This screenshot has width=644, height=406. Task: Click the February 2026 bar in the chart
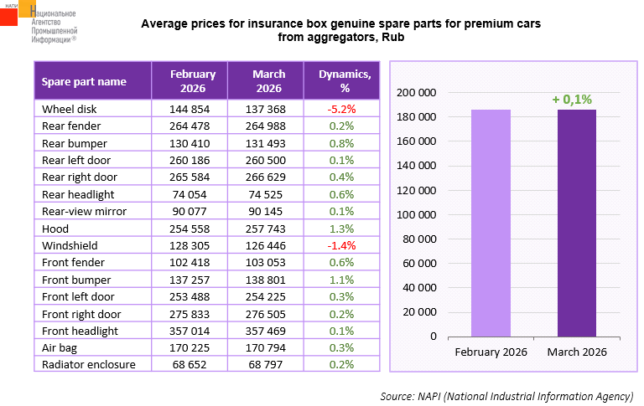point(491,223)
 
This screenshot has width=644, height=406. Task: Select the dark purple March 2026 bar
point(577,223)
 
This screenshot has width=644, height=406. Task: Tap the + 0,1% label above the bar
point(577,100)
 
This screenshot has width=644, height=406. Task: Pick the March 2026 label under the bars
point(577,352)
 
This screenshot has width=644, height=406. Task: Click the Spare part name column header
point(85,81)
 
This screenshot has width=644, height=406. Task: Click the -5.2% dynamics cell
point(341,109)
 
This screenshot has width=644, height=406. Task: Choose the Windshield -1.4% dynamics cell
point(341,245)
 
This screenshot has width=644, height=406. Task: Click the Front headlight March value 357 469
point(268,331)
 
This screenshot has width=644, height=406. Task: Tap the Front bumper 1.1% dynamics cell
point(341,280)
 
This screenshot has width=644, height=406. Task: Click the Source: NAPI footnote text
point(506,394)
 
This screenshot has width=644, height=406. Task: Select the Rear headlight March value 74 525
point(268,194)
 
